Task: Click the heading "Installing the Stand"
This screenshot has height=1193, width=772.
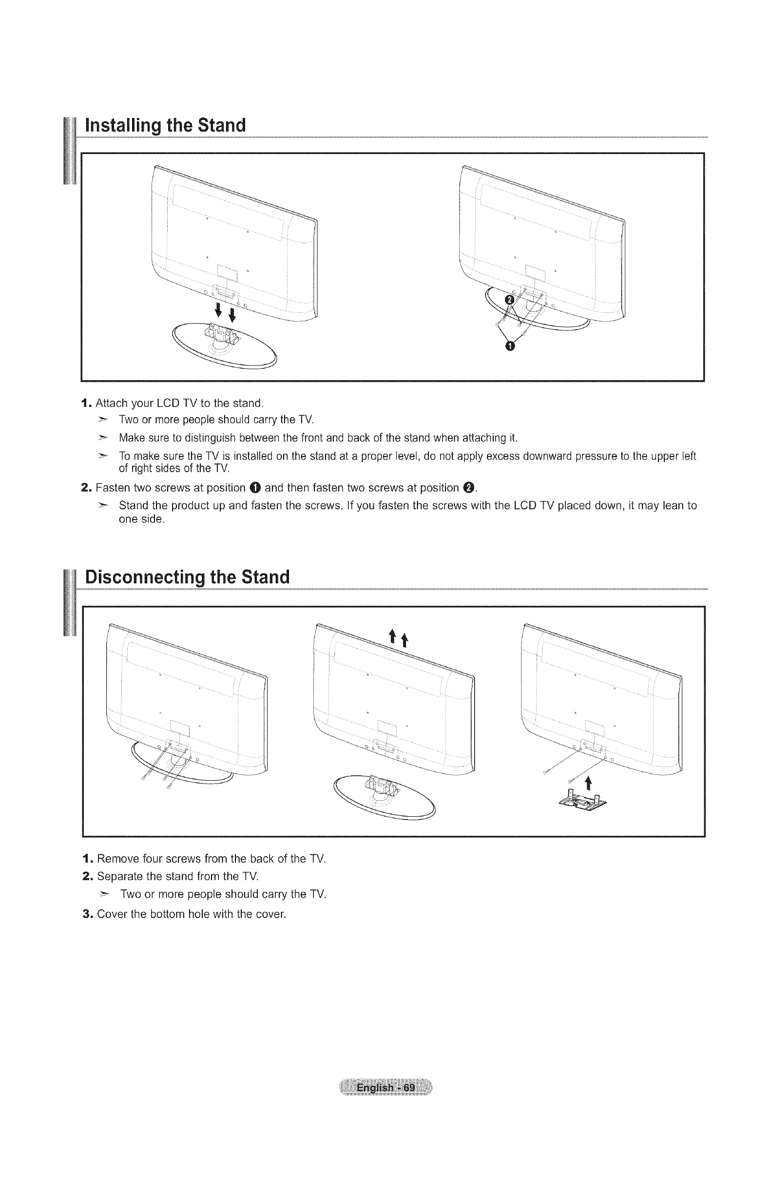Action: [x=165, y=125]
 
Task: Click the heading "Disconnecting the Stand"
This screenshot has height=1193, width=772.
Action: [x=188, y=577]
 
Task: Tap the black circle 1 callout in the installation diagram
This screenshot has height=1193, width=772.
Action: [x=510, y=346]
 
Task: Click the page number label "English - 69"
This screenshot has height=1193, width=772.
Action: [x=386, y=1088]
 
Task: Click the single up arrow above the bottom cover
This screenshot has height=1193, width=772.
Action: [x=589, y=782]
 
